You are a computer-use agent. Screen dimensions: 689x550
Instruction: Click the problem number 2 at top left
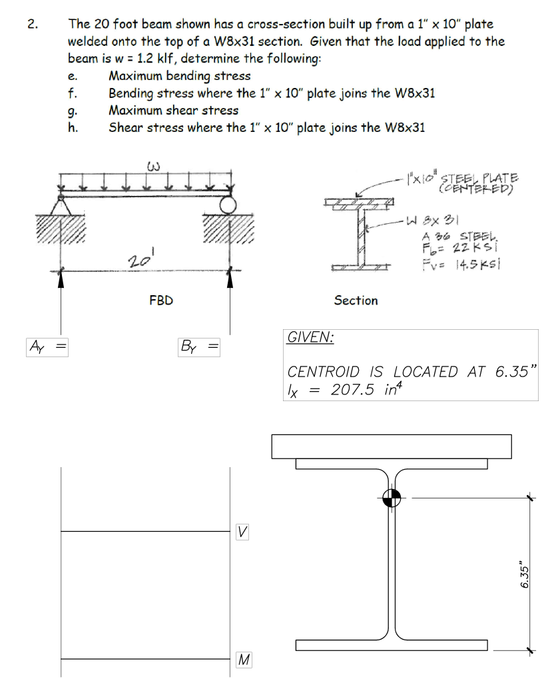click(31, 25)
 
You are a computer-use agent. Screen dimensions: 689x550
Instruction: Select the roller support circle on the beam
click(229, 204)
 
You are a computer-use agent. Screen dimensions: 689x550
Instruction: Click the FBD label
click(160, 301)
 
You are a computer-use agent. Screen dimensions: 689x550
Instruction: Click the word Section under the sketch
click(356, 301)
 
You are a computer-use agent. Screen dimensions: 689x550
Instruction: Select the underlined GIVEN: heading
click(310, 337)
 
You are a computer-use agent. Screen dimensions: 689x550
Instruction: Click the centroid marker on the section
click(392, 497)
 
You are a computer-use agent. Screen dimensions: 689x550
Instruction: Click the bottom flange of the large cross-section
click(391, 645)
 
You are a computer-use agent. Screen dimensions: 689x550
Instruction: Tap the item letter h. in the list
click(74, 127)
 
